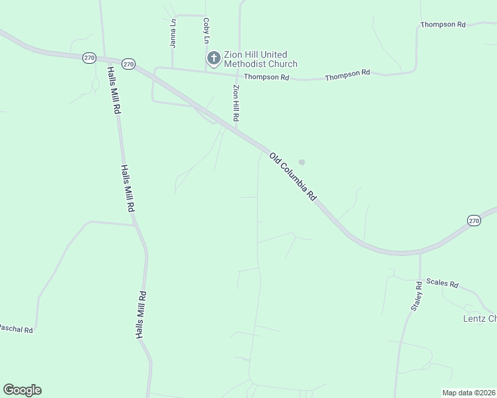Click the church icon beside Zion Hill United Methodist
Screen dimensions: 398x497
(213, 58)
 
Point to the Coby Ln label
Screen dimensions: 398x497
(207, 31)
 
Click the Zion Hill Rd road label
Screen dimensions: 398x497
(236, 102)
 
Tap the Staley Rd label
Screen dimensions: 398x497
(417, 296)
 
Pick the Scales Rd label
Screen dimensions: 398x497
(443, 283)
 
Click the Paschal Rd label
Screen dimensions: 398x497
(15, 328)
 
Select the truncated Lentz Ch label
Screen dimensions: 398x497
(479, 319)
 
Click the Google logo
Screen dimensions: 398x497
(22, 390)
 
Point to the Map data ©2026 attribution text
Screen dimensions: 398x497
(468, 393)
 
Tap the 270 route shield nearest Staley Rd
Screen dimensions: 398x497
(474, 221)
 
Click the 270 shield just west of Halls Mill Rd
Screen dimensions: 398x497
(89, 58)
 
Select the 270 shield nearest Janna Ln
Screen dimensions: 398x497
(129, 64)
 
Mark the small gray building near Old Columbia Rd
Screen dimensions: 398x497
(302, 161)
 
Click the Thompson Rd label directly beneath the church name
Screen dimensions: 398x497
(266, 78)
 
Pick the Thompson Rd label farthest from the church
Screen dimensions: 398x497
(443, 25)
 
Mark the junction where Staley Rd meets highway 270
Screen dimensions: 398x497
(420, 252)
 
